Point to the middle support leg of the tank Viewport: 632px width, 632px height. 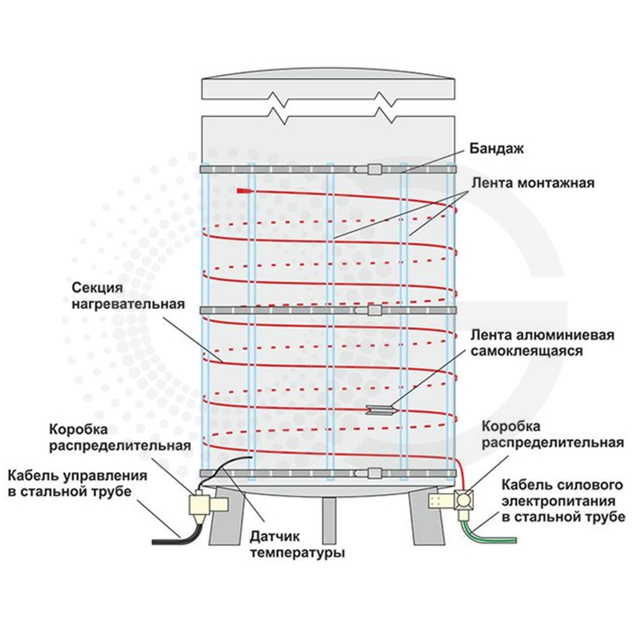329,520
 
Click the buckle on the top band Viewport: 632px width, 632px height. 374,169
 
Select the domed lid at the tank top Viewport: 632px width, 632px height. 329,87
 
